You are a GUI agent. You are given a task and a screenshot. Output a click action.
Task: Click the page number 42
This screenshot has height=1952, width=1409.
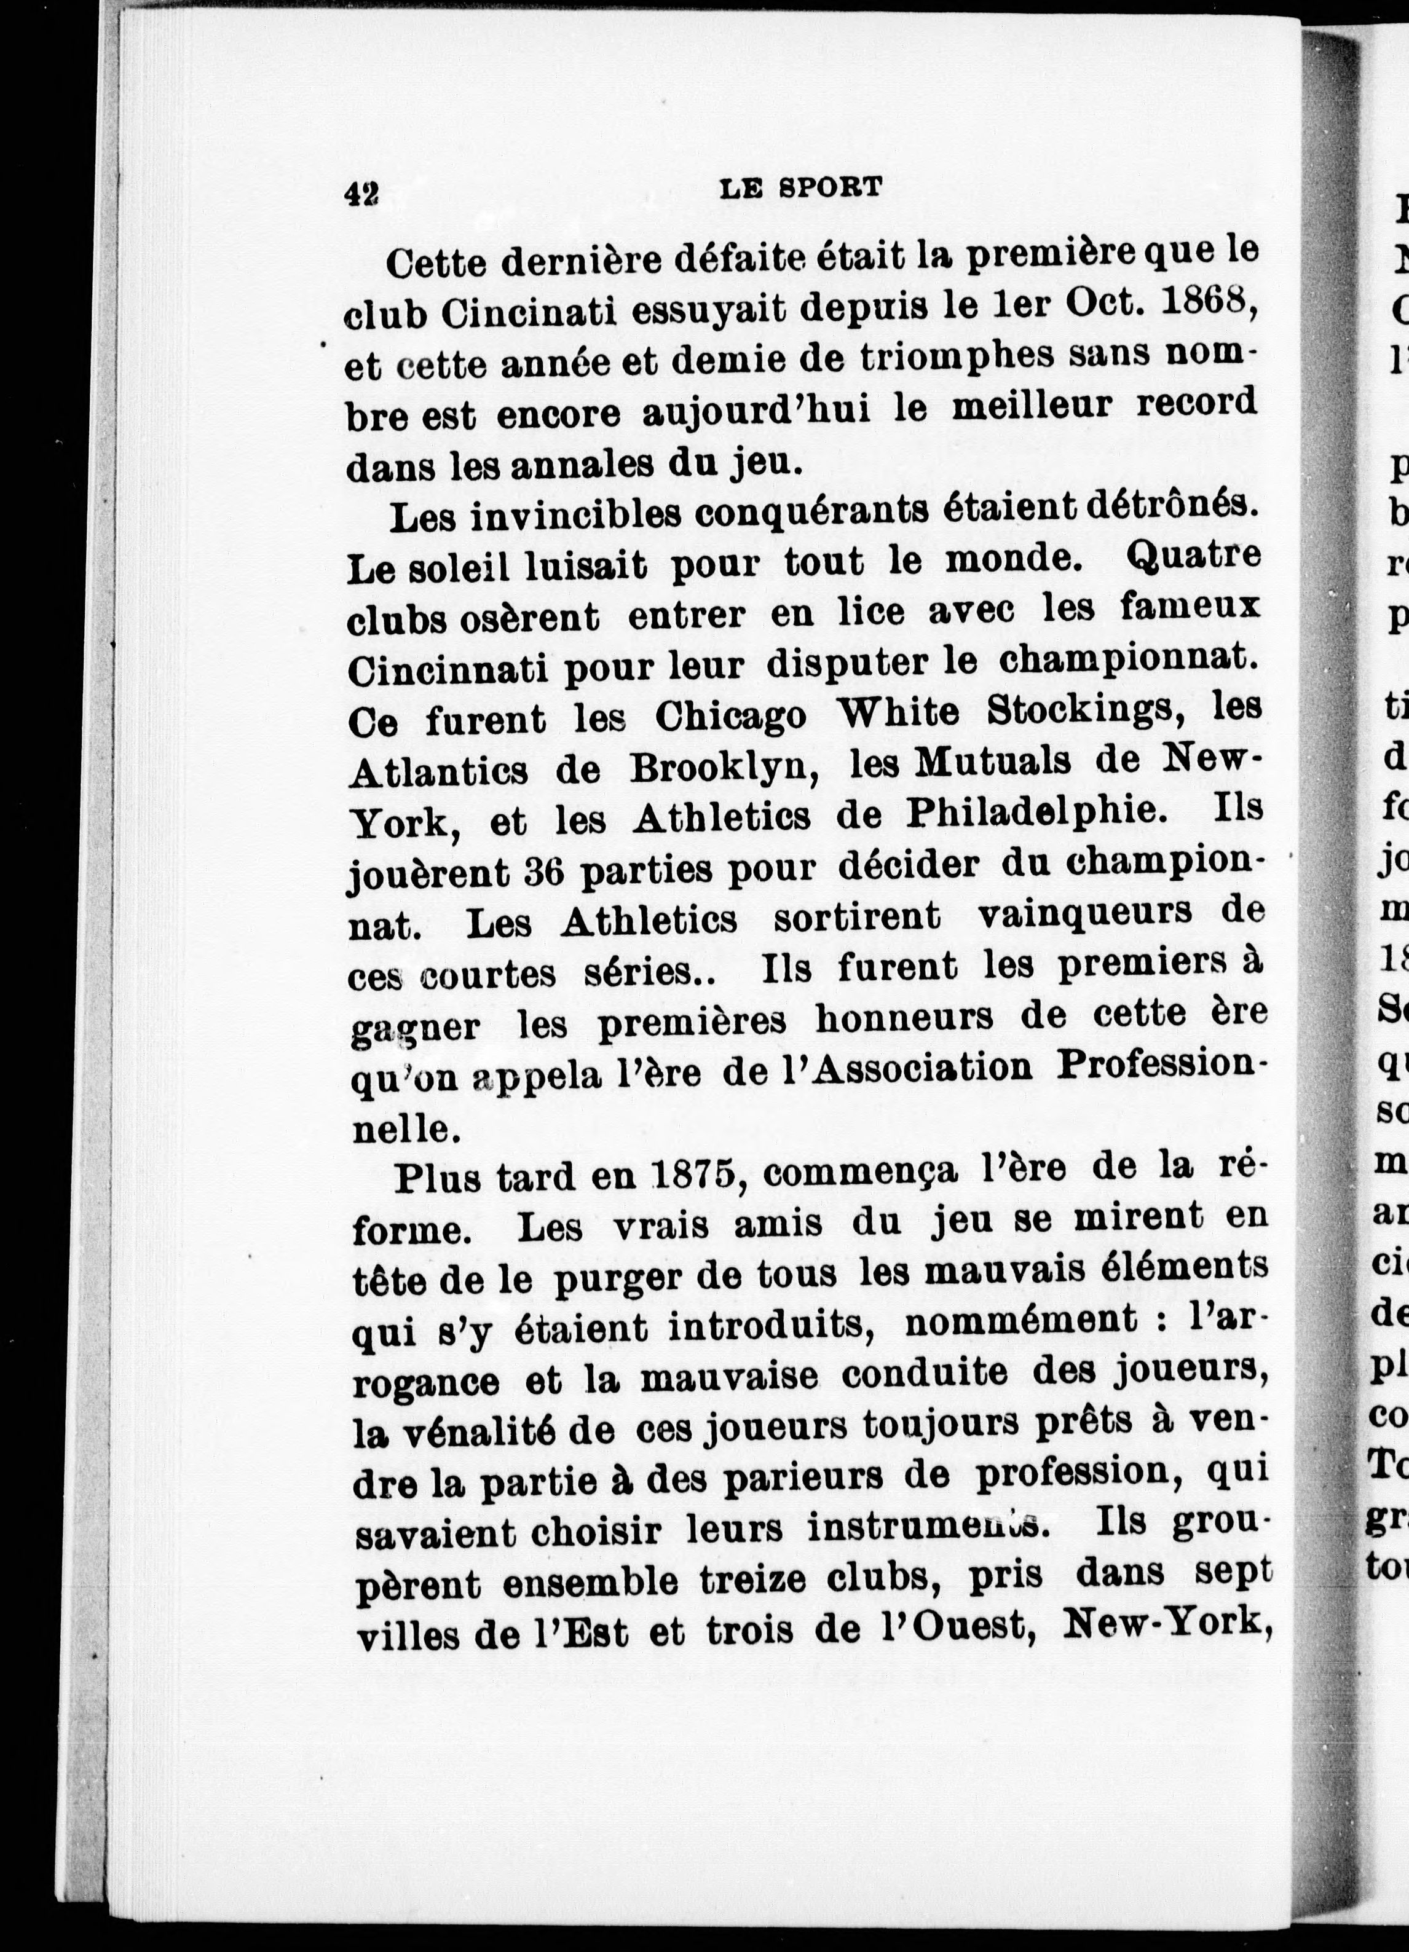[361, 194]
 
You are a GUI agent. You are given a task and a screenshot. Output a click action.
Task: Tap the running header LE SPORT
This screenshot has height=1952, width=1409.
[800, 187]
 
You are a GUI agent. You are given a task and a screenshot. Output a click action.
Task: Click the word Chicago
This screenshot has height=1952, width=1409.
[732, 716]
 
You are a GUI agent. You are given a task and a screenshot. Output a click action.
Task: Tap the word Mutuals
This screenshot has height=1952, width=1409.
[988, 763]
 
